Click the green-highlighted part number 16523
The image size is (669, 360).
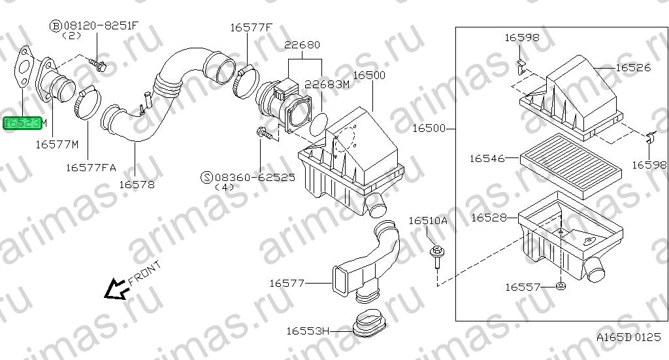[23, 123]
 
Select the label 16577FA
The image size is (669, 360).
[91, 168]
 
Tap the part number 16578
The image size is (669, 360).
[137, 185]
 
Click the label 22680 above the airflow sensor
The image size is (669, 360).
[302, 45]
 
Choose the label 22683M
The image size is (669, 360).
[327, 84]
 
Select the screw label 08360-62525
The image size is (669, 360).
[255, 177]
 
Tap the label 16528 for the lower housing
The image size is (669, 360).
[489, 218]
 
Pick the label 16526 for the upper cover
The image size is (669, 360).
[633, 67]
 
